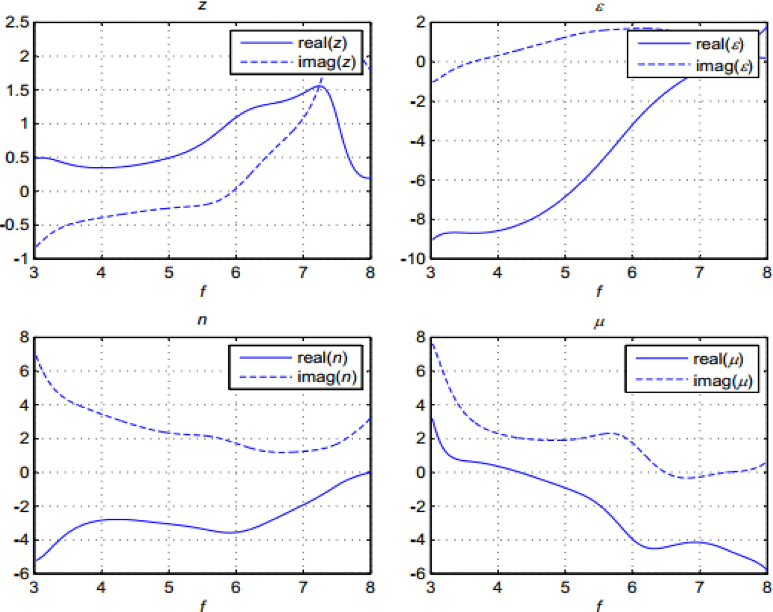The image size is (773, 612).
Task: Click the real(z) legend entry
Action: [x=322, y=43]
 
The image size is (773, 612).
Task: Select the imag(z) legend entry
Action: [x=326, y=62]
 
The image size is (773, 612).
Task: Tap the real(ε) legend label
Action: [x=719, y=44]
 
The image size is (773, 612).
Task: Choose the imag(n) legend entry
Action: [x=327, y=377]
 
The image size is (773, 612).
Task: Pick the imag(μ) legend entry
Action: [x=723, y=381]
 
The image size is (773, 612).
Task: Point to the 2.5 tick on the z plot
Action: [x=17, y=22]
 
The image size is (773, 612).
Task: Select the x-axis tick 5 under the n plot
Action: [x=168, y=587]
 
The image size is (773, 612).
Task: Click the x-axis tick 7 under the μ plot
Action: [x=699, y=587]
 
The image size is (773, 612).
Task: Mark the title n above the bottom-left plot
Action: [x=202, y=320]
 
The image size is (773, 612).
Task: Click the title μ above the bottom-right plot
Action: [x=599, y=321]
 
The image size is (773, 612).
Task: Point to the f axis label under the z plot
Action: [x=202, y=291]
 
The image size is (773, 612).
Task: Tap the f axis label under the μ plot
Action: [x=599, y=606]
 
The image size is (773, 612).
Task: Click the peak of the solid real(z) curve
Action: [x=320, y=86]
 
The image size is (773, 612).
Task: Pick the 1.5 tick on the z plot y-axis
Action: [x=17, y=90]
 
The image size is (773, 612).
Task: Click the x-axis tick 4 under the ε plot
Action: [x=497, y=272]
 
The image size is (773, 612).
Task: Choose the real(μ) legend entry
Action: [x=718, y=360]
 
